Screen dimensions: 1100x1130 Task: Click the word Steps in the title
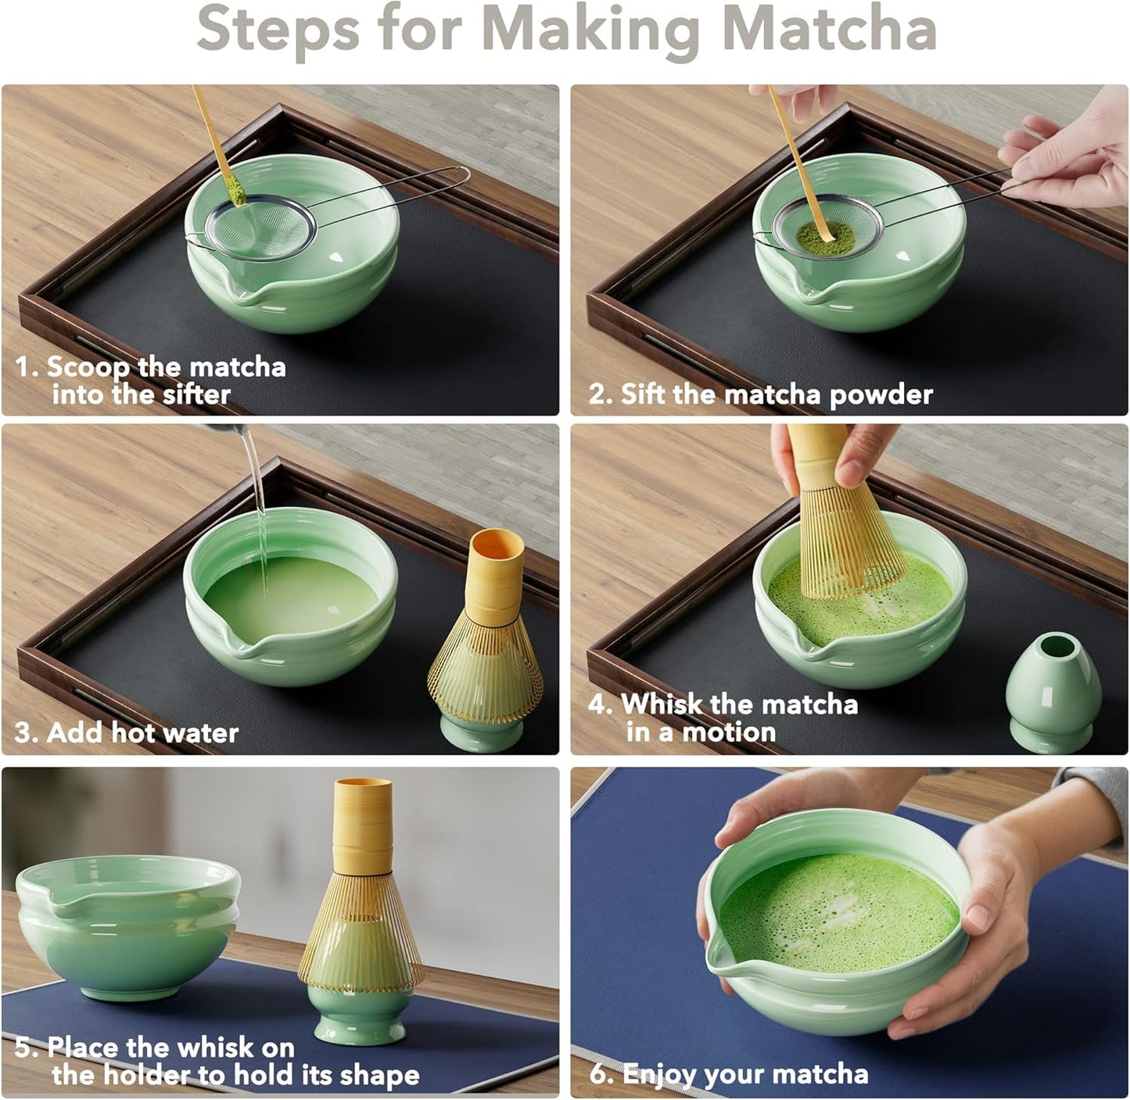278,29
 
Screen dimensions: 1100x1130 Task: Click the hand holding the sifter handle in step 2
1071,153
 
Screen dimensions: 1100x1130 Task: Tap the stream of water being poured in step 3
256,501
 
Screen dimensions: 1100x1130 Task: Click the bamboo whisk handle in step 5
361,821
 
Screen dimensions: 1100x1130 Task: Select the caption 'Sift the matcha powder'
761,394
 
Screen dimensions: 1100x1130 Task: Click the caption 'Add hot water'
127,732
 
